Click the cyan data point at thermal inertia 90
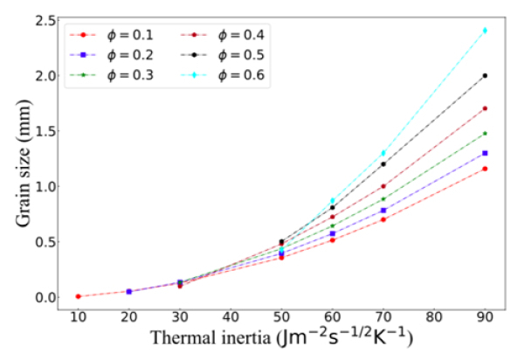(485, 31)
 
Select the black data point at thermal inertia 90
(485, 75)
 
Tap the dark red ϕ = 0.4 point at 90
(485, 108)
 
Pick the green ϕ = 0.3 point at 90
(485, 134)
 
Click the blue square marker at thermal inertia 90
(485, 153)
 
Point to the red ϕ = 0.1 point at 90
(485, 169)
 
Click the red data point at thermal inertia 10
(79, 296)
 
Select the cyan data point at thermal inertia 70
(383, 153)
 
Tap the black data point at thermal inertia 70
(383, 164)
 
